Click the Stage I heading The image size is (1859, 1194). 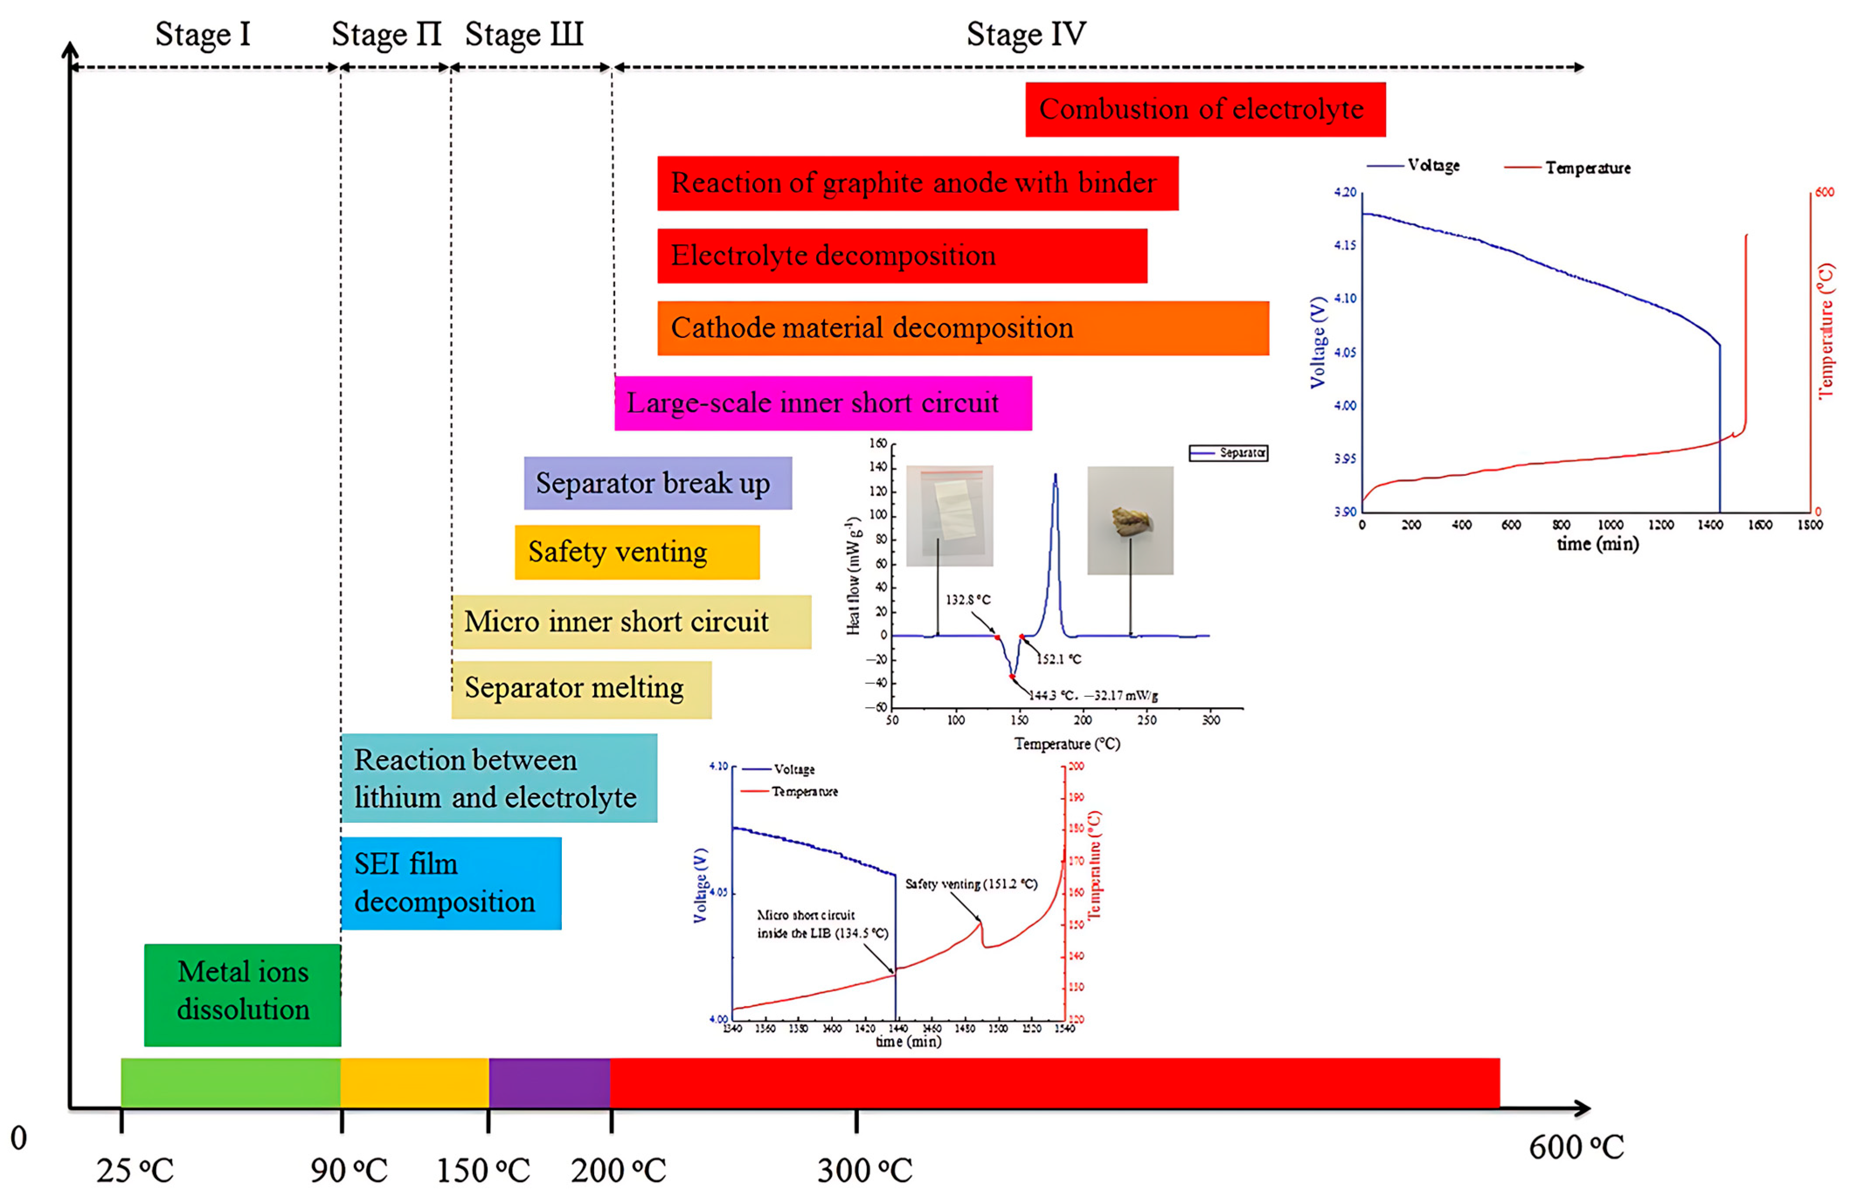click(203, 34)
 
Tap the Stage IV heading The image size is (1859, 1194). click(1026, 34)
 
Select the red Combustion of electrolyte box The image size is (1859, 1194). click(1205, 109)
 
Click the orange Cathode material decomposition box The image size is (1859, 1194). click(962, 328)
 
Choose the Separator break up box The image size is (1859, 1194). click(657, 483)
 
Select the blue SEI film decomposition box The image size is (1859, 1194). click(451, 883)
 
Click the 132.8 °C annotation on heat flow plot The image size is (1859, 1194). click(968, 599)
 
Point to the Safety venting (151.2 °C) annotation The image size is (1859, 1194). click(971, 884)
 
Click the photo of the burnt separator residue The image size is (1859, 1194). click(1130, 520)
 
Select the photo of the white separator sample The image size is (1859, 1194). click(949, 516)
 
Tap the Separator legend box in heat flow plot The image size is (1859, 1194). click(1228, 453)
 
